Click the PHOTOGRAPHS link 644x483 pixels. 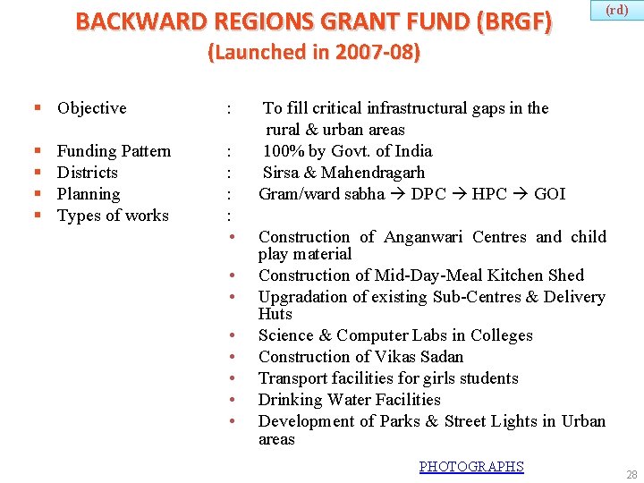click(471, 466)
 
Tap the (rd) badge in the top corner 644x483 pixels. click(616, 10)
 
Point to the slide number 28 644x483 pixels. click(631, 475)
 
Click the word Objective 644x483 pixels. click(91, 108)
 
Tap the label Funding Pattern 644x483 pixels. click(114, 151)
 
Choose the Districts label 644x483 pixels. click(87, 173)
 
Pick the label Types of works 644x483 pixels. click(113, 216)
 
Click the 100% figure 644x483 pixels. click(283, 151)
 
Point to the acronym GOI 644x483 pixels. click(549, 194)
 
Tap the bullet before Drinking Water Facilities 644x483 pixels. click(232, 401)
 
